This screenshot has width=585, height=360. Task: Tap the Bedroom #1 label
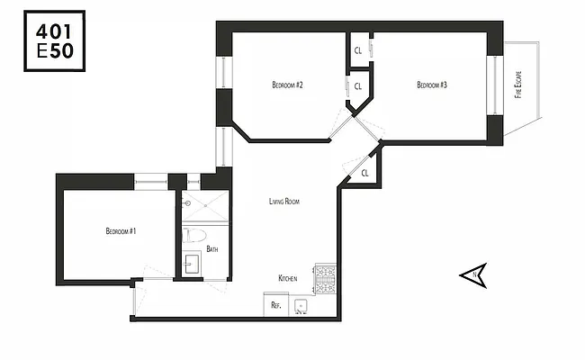[121, 231]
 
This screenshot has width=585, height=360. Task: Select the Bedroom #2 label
[286, 85]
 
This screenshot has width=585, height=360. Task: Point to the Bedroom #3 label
[432, 85]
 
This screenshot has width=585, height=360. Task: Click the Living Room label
[283, 202]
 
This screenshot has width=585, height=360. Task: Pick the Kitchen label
[288, 279]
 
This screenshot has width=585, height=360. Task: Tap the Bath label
[212, 248]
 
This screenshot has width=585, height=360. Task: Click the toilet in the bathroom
[192, 237]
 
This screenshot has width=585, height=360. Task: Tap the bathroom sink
[192, 265]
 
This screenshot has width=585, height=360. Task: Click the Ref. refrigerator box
[276, 305]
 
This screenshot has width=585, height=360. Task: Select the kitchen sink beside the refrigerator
[301, 305]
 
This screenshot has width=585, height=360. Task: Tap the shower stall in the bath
[202, 209]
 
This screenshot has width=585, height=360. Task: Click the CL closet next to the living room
[364, 171]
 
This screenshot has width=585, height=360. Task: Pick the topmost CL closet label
[357, 50]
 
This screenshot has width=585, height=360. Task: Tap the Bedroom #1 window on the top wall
[150, 181]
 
